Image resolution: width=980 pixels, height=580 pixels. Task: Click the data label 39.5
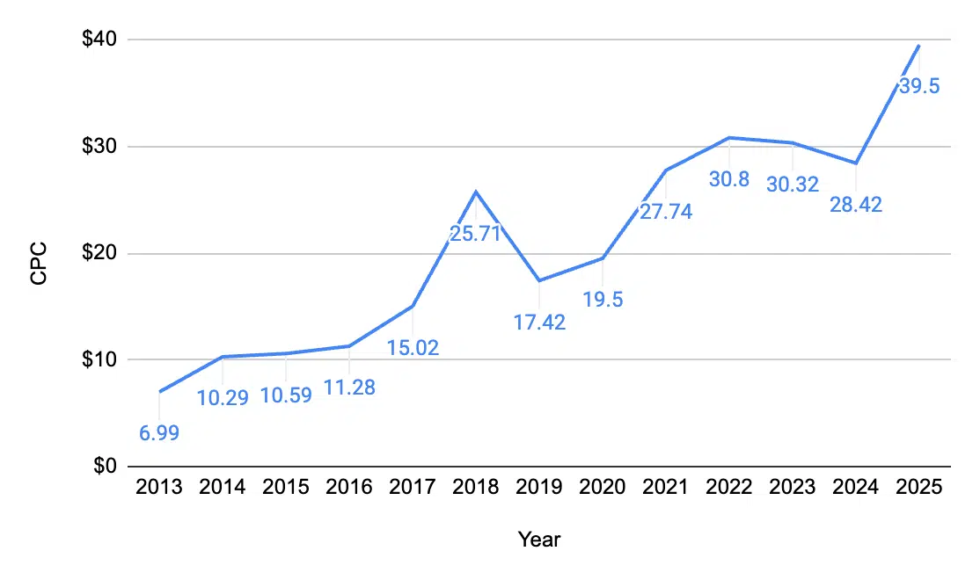click(919, 86)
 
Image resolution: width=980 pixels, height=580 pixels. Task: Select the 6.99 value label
click(159, 433)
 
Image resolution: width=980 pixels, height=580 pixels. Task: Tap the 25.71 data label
click(476, 235)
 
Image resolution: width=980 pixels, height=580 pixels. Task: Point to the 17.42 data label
click(539, 322)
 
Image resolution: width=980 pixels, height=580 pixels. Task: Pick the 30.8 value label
click(728, 179)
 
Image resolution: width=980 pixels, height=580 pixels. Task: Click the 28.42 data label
click(856, 205)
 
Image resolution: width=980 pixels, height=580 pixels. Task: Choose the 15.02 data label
click(413, 348)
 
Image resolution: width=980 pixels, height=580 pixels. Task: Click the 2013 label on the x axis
click(159, 488)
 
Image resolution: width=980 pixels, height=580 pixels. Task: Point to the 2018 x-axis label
click(476, 488)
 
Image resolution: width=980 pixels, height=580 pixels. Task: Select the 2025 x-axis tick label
click(919, 488)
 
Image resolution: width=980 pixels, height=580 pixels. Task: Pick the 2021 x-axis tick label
click(666, 488)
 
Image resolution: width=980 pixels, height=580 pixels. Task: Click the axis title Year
click(538, 540)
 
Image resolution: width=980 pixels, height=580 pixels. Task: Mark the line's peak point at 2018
click(476, 192)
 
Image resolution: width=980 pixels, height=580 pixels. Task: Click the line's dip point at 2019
click(539, 280)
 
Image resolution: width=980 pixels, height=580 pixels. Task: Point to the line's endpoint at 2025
click(919, 45)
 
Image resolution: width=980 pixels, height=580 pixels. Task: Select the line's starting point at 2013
click(159, 392)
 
